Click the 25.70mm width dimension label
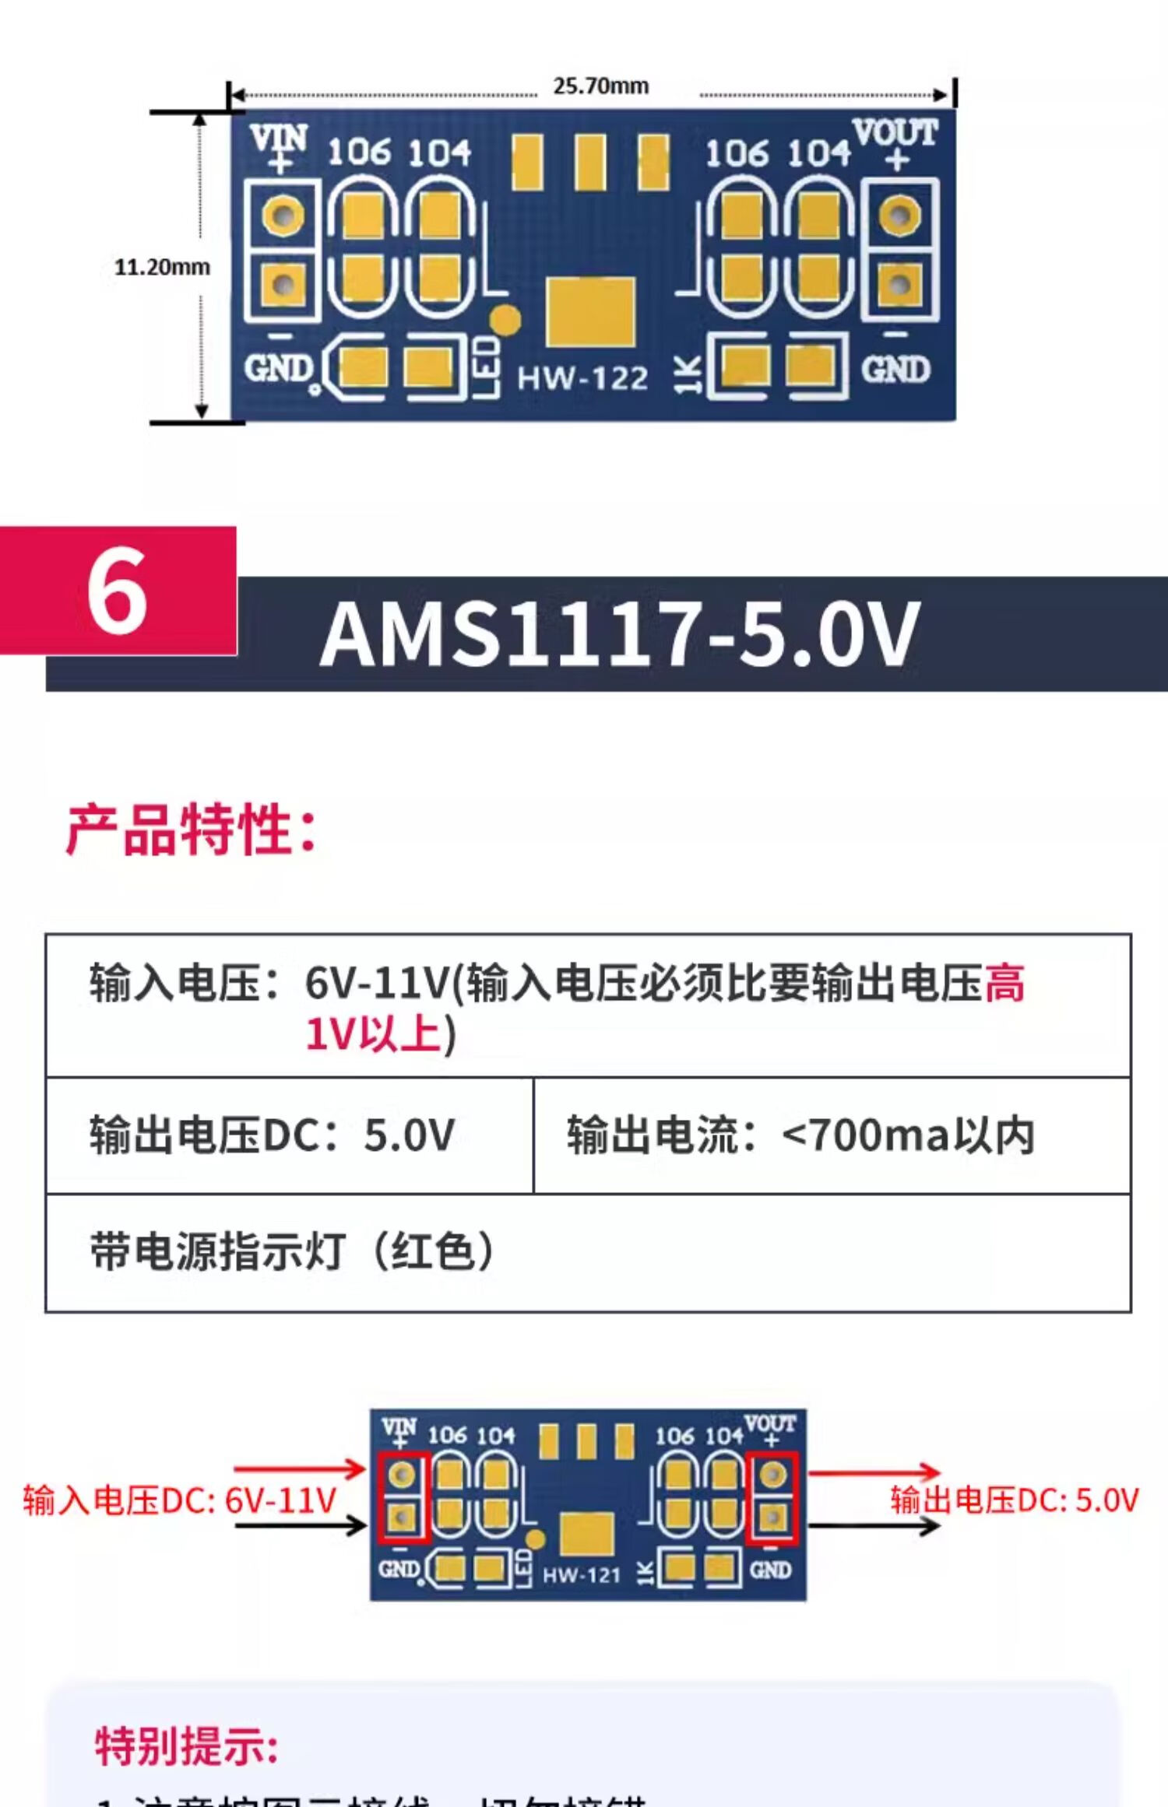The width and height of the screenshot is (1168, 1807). tap(600, 86)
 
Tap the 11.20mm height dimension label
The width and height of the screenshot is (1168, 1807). tap(162, 267)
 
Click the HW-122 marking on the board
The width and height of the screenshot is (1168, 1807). tap(582, 379)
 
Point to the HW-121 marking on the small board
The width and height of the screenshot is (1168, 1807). tap(581, 1576)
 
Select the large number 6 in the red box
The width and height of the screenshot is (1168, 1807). tap(117, 591)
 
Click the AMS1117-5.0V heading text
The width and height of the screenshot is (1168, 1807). tap(620, 635)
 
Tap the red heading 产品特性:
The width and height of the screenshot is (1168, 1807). tap(192, 830)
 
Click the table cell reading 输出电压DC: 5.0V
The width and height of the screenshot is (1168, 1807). tap(272, 1135)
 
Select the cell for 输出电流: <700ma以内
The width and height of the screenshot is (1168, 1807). tap(800, 1135)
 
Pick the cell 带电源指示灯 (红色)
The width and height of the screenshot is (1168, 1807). tap(292, 1252)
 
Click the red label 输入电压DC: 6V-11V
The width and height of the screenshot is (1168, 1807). tap(179, 1500)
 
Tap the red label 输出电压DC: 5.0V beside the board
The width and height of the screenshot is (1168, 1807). tap(1015, 1500)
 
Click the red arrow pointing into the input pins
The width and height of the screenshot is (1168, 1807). tap(300, 1469)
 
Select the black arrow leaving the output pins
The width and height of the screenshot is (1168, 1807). tap(874, 1527)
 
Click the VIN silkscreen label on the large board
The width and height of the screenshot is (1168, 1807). tap(279, 140)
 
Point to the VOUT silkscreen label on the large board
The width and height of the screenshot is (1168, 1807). tap(895, 133)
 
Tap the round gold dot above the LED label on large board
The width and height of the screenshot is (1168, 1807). tap(506, 319)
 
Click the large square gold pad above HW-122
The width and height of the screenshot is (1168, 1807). tap(590, 311)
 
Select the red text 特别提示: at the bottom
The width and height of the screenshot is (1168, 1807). tap(186, 1746)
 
